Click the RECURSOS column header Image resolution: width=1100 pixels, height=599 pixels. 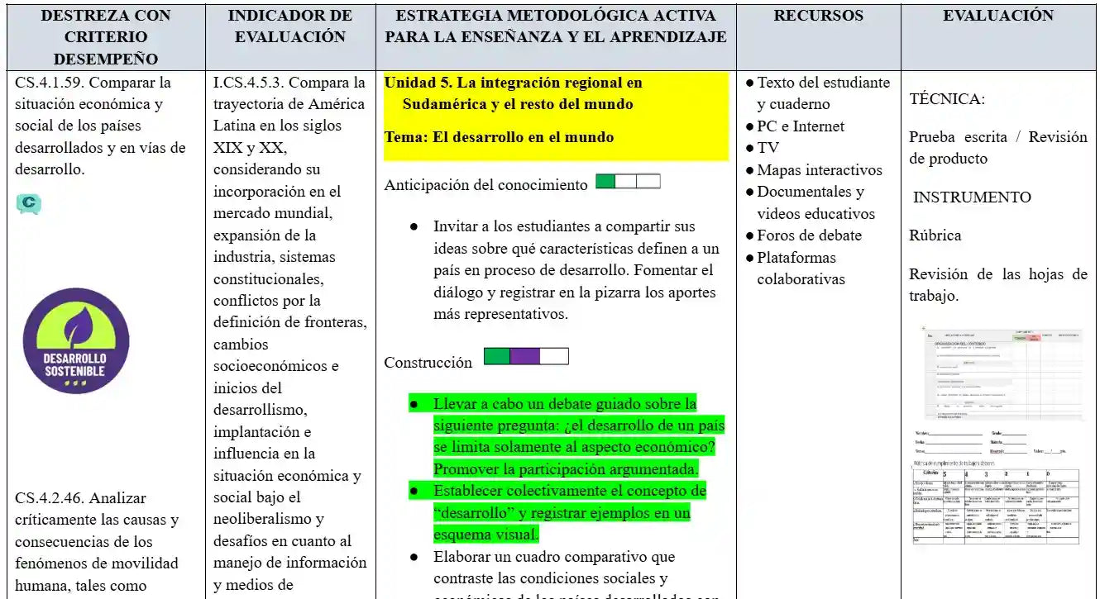[x=818, y=16]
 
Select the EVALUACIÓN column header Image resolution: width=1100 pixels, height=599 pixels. [x=998, y=16]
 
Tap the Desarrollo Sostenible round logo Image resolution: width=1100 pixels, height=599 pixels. [x=76, y=340]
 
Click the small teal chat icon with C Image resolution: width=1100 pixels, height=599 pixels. [x=28, y=202]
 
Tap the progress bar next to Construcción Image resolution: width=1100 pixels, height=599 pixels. [x=526, y=356]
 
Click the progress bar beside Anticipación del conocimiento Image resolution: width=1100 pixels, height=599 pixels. [x=628, y=182]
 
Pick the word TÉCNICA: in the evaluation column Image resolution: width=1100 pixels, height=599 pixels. [x=947, y=99]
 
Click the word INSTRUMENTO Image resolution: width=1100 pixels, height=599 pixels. [x=972, y=197]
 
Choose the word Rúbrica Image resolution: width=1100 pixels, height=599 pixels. [x=935, y=235]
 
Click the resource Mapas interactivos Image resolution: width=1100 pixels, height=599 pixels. [x=819, y=170]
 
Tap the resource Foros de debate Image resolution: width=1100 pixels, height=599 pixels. [x=809, y=235]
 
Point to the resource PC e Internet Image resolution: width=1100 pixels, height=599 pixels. [x=800, y=126]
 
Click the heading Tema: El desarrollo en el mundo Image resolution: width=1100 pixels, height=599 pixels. [x=499, y=137]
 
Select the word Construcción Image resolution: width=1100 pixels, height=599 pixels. [x=428, y=363]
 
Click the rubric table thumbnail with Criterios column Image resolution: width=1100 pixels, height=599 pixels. [x=996, y=506]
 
